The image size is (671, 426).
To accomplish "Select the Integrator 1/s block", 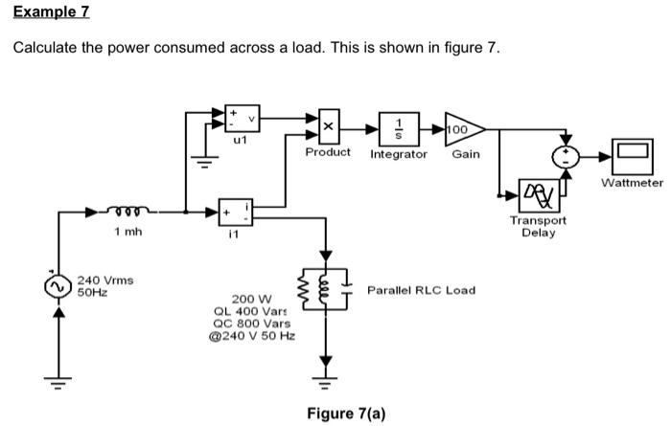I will click(x=399, y=126).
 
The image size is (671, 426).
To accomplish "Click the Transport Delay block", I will click(x=538, y=194).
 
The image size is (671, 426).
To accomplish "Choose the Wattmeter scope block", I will click(x=631, y=154).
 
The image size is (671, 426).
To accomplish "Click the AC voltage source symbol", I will click(x=59, y=285).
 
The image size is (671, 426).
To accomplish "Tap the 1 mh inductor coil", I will click(x=128, y=210).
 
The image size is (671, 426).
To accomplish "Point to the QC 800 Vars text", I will click(x=253, y=324).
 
